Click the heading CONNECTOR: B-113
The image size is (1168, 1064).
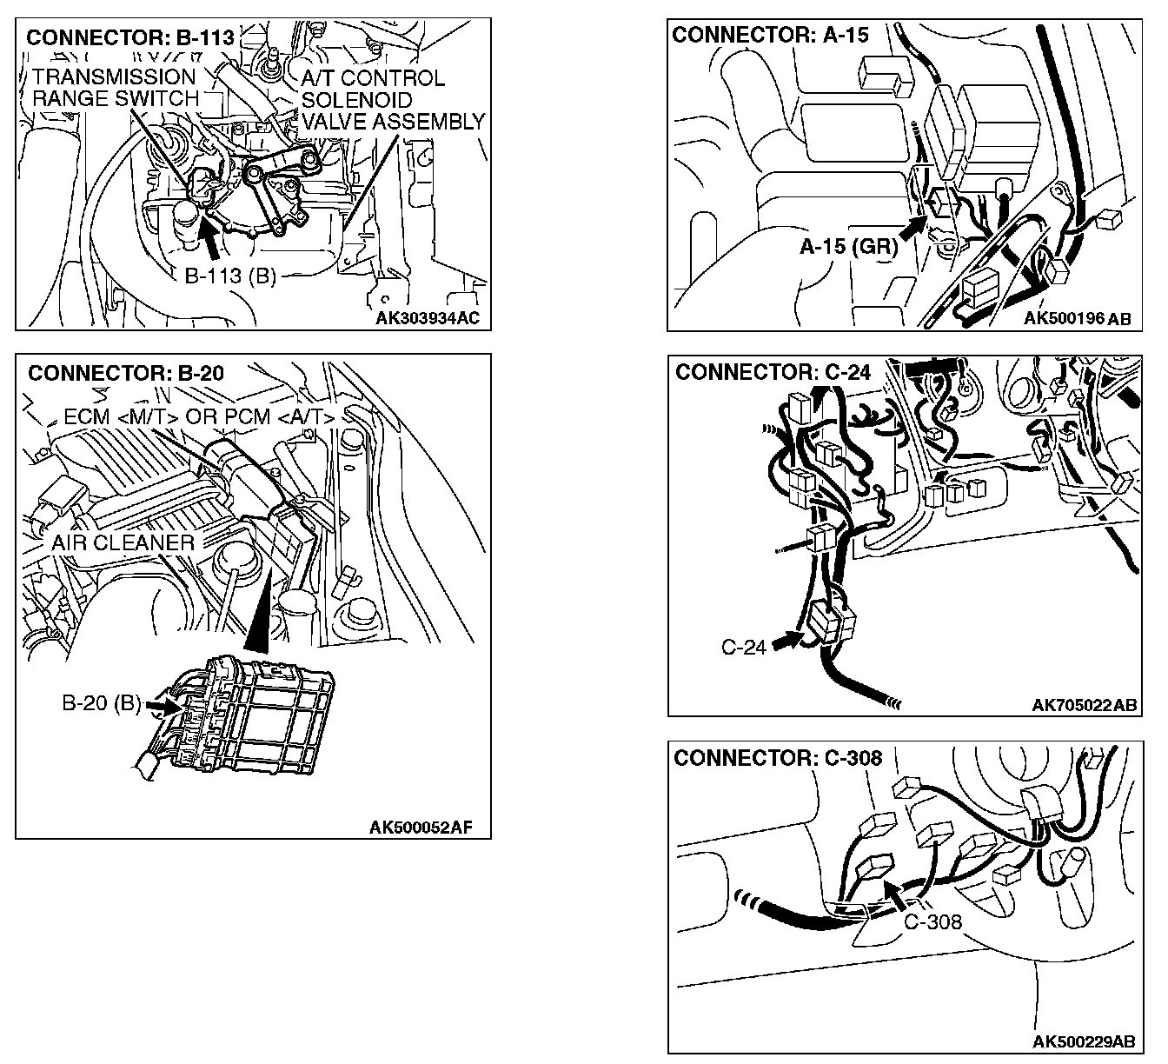pos(130,38)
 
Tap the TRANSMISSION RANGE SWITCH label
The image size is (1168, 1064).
pos(115,88)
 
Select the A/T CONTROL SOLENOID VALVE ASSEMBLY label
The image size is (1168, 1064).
pos(391,100)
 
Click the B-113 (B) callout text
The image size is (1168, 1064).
pos(230,276)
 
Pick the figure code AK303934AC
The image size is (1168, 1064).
pos(427,318)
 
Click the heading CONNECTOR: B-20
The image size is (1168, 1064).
pos(126,374)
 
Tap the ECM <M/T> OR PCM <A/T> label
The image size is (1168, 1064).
pos(199,417)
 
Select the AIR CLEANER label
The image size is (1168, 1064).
pos(123,543)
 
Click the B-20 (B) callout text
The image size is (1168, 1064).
pos(101,703)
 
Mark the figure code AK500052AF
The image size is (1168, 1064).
pos(421,827)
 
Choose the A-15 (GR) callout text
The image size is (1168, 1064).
pos(848,247)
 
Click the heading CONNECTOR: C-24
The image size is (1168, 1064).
pos(772,373)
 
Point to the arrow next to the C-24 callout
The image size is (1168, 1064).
pos(787,641)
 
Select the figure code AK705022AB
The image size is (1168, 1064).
pos(1084,705)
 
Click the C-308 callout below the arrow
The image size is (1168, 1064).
pos(932,921)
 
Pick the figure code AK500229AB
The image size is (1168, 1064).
pos(1084,1041)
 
